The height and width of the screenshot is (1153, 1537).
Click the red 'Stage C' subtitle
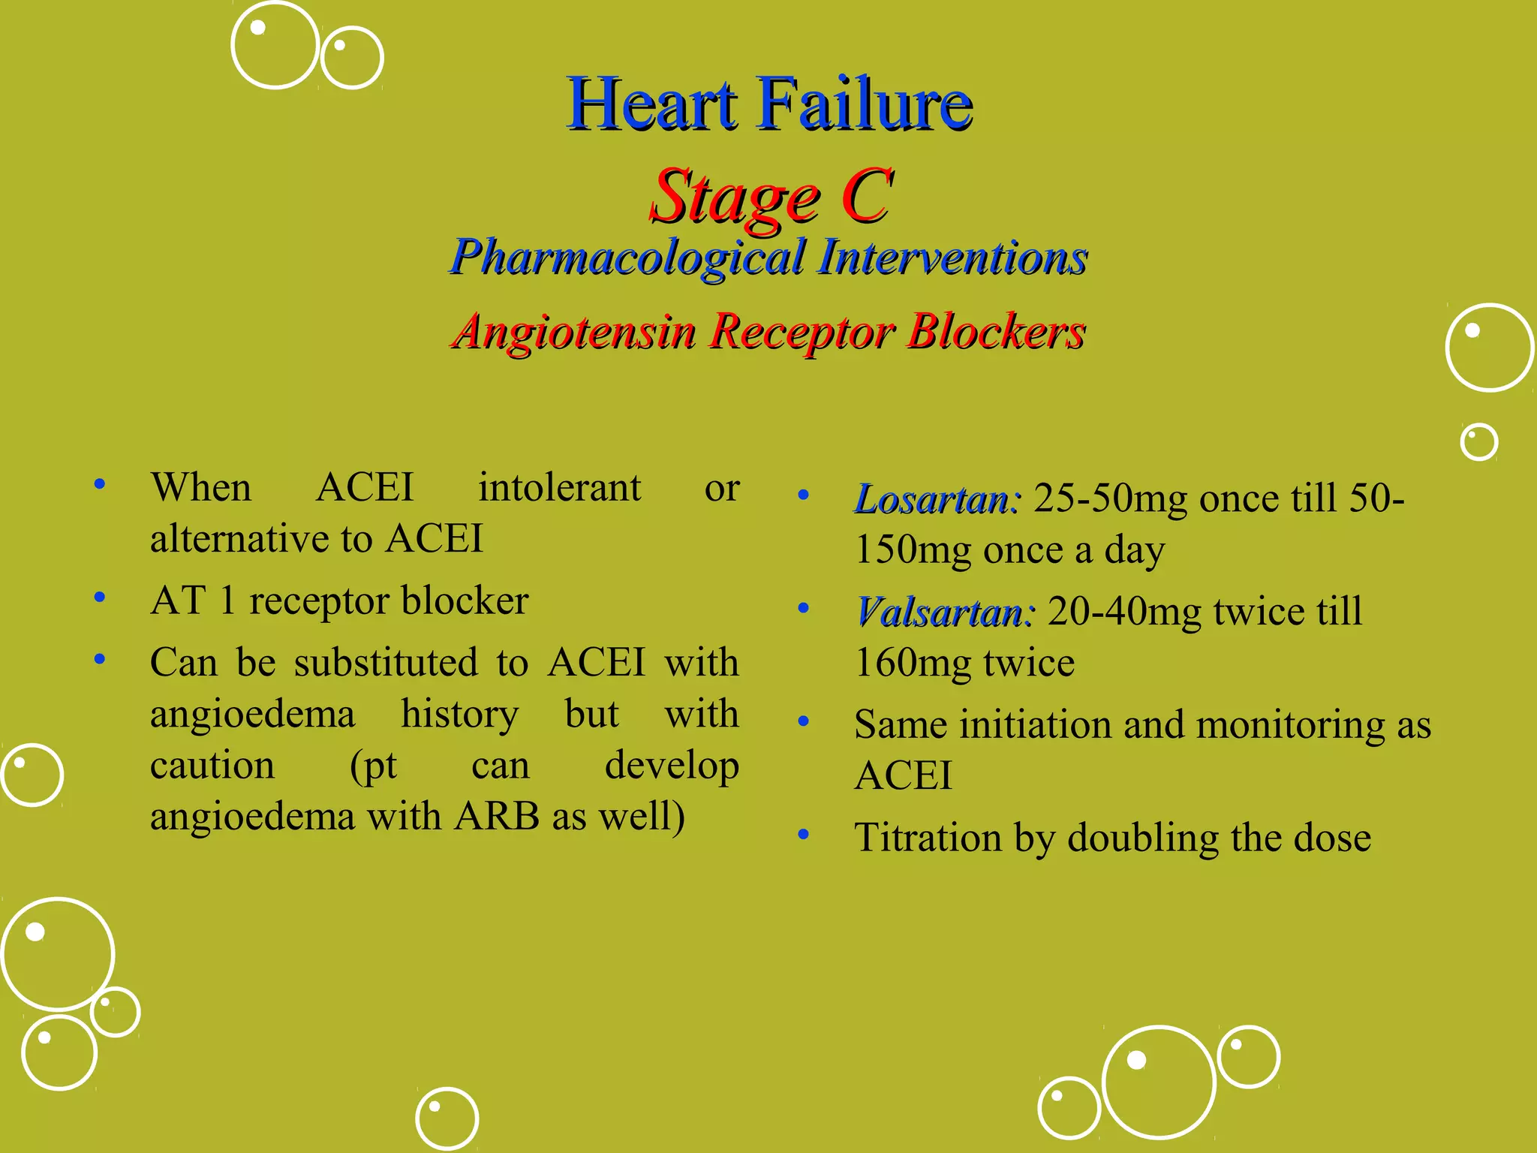pos(771,196)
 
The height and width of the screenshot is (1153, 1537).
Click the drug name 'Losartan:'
pos(937,499)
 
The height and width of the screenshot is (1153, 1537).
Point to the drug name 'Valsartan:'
pos(945,612)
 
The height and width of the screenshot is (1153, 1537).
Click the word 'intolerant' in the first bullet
pos(559,488)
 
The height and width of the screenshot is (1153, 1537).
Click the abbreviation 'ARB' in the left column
pos(497,817)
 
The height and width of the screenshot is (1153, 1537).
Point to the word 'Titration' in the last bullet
pos(928,838)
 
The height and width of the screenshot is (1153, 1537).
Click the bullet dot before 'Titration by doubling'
pos(804,835)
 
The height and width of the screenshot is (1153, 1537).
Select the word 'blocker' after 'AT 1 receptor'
pos(465,601)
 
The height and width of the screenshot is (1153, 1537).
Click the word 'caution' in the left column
pos(212,766)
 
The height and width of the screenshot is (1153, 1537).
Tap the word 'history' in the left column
pos(459,714)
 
